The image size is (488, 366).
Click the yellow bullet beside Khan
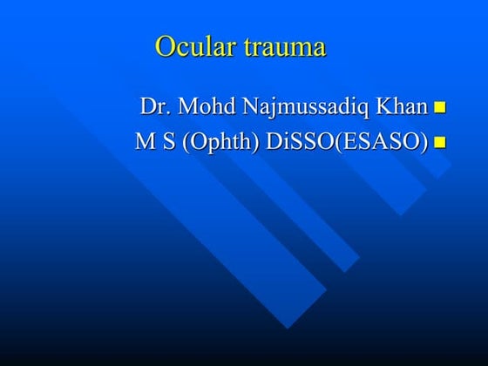pos(439,109)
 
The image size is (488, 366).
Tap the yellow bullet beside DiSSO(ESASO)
pos(439,141)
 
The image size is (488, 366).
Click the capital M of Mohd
pos(186,107)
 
